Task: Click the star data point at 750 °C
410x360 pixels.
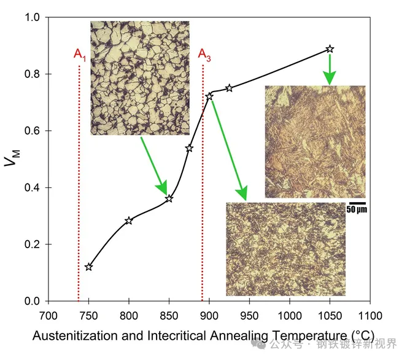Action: [89, 267]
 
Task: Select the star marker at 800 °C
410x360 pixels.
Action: [129, 221]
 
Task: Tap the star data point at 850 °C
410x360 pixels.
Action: [169, 198]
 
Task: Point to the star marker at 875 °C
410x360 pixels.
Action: [189, 148]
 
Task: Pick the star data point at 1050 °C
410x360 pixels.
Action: [330, 49]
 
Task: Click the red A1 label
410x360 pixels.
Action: [80, 55]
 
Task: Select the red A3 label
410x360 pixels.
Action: [204, 55]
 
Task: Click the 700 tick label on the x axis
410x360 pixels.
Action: [48, 316]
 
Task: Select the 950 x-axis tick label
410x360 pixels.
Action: [249, 316]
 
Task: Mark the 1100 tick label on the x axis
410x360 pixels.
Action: [369, 316]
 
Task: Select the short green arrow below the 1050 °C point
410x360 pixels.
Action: [330, 69]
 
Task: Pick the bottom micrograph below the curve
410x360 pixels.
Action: [286, 249]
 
